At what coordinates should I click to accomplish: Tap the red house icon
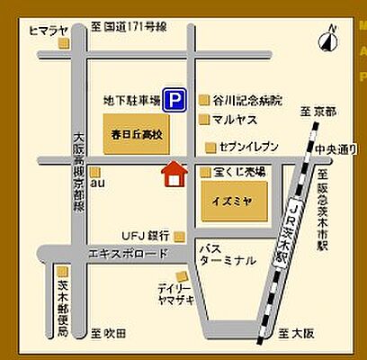pyautogui.click(x=172, y=173)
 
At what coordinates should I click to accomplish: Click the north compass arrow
pyautogui.click(x=329, y=40)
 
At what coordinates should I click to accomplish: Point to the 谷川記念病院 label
pyautogui.click(x=248, y=98)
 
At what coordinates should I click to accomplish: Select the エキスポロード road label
pyautogui.click(x=116, y=254)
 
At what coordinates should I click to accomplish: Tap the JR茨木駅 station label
pyautogui.click(x=291, y=229)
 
